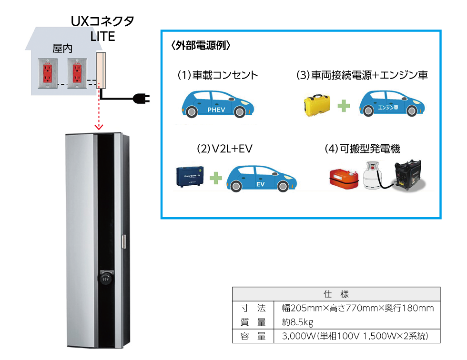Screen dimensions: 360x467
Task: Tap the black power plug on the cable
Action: (x=142, y=99)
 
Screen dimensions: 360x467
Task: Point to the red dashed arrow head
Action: (x=99, y=127)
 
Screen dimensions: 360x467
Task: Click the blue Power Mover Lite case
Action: (x=191, y=176)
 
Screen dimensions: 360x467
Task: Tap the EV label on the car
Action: (x=261, y=184)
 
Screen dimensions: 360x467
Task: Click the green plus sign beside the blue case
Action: (x=216, y=179)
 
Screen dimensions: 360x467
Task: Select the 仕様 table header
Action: (x=335, y=293)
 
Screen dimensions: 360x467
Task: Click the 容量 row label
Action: (x=253, y=336)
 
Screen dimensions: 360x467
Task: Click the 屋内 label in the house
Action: (x=62, y=49)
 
